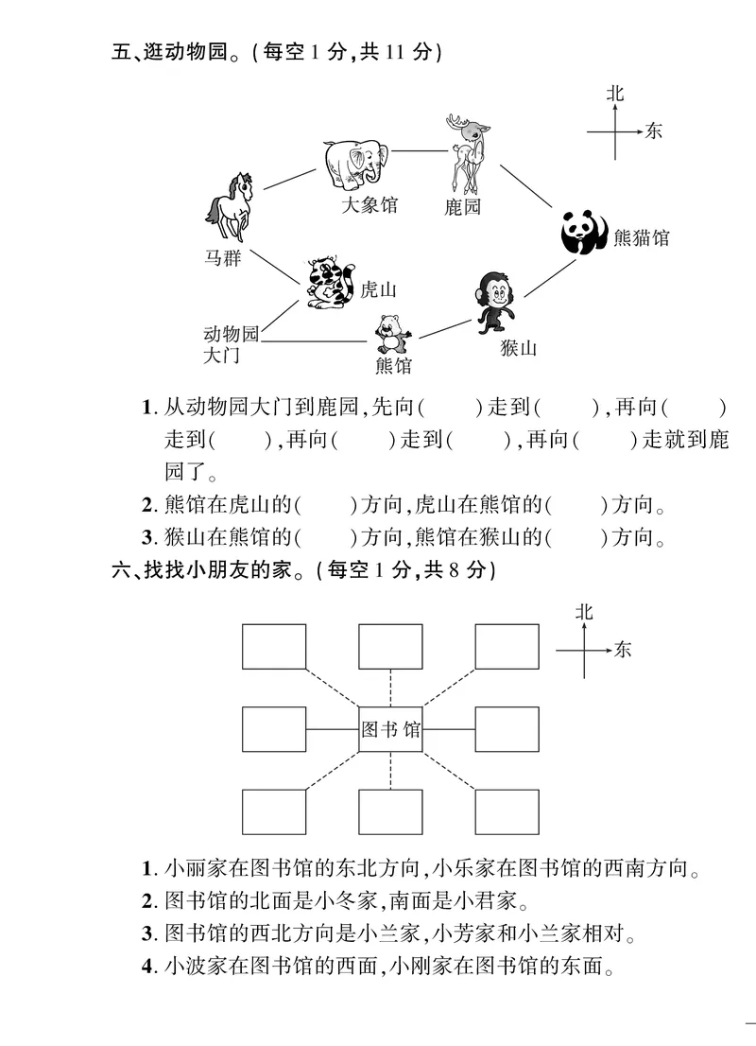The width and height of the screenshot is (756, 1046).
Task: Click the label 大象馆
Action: pos(369,204)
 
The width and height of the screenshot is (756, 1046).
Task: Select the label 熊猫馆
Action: pos(641,237)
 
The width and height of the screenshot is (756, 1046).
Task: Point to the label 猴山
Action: pos(519,348)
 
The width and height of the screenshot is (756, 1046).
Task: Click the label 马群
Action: pos(223,258)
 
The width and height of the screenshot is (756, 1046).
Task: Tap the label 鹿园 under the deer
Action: pos(463,207)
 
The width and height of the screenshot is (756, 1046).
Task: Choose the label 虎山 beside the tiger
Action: pos(379,289)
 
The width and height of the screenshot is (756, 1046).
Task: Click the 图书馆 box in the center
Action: pos(390,729)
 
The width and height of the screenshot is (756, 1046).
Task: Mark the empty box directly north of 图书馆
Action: pos(390,647)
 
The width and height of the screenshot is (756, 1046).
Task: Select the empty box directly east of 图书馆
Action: pos(507,729)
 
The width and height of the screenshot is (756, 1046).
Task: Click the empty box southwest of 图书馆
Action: pos(274,811)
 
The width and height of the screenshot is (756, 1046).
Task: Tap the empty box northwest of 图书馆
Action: pos(274,647)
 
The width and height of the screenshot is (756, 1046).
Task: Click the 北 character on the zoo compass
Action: pos(616,94)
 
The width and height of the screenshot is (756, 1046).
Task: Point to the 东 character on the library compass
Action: pos(622,650)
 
